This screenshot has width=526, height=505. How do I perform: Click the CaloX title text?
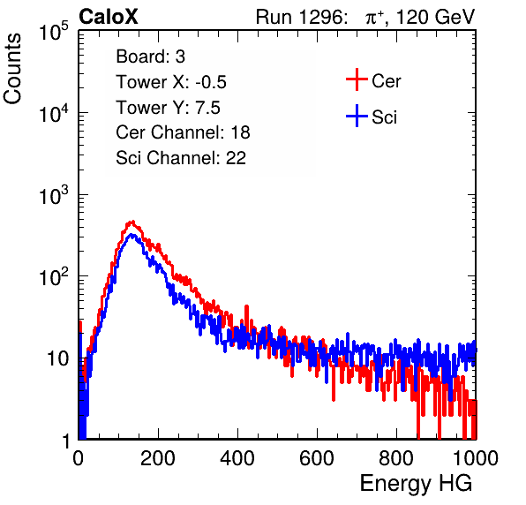pos(109,17)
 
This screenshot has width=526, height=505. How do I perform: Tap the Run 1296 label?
pos(301,17)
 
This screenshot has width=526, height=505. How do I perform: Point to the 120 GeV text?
pos(435,17)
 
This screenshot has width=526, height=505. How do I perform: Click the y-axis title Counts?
pos(12,69)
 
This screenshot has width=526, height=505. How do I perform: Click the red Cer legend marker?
pos(357,79)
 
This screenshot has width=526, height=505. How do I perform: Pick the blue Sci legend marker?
pos(357,116)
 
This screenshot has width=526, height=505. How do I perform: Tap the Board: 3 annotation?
pos(150,57)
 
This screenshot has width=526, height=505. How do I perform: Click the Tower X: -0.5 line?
pos(171,82)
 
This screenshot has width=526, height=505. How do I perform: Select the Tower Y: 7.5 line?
pos(168,108)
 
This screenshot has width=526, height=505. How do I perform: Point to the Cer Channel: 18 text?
pos(183,132)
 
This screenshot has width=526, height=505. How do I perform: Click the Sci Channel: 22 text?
pos(181,158)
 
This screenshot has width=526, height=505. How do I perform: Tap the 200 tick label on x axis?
pos(158,458)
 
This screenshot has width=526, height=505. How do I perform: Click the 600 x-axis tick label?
pos(317,458)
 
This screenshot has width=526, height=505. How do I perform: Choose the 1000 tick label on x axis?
pos(476,458)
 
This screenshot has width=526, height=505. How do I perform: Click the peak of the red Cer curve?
pos(133,221)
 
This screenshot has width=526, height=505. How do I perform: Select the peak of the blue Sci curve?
pos(131,234)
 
